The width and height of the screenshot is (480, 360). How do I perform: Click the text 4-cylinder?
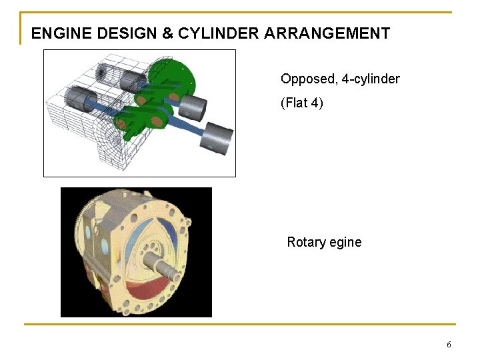(x=371, y=79)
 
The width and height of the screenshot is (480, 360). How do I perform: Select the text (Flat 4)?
(x=302, y=103)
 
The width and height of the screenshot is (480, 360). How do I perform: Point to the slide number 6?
(x=449, y=345)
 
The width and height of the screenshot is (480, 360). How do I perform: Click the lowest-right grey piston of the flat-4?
(x=218, y=137)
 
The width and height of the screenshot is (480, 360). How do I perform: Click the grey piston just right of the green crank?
(x=193, y=105)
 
